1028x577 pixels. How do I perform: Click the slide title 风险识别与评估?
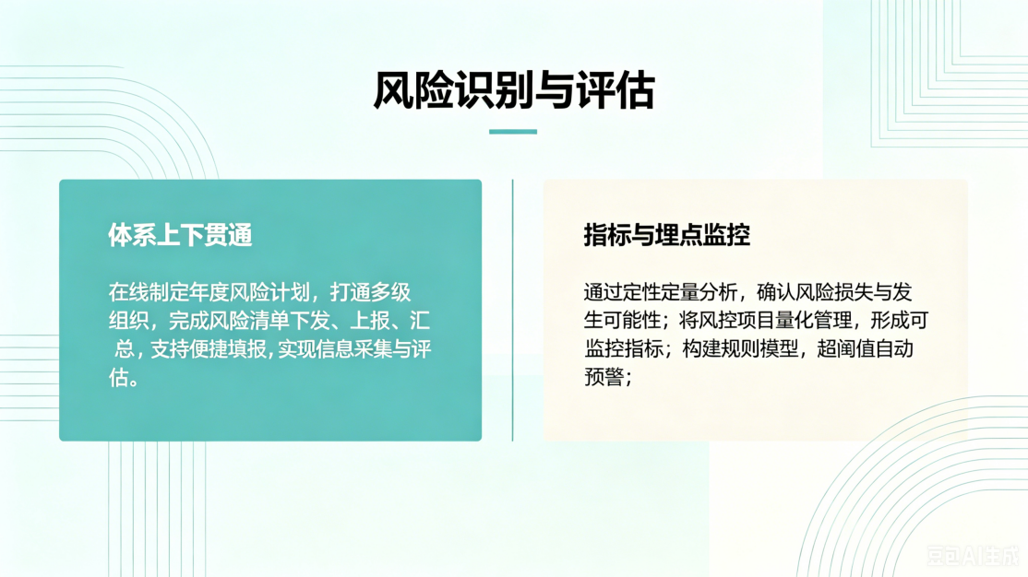pos(513,89)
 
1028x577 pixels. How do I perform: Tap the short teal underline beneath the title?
pos(513,132)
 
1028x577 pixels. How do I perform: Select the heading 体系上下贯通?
pos(180,235)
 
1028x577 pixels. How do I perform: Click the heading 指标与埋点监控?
pos(667,235)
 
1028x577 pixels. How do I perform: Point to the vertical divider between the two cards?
pos(513,310)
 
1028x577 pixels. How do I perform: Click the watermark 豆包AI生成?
pos(973,556)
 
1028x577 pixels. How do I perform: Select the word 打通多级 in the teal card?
pos(370,292)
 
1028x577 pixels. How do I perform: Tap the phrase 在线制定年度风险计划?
pos(209,292)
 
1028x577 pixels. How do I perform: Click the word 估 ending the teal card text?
pos(118,377)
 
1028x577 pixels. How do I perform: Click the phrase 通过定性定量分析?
pos(661,292)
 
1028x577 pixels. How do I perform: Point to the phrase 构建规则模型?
pos(740,348)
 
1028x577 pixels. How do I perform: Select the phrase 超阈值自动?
pos(865,348)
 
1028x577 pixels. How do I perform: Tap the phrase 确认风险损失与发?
pos(834,292)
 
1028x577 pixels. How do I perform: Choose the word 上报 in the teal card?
pos(370,320)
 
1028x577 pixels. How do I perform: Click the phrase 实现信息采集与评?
pos(354,348)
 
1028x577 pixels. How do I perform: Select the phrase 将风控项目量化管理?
pos(765,320)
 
